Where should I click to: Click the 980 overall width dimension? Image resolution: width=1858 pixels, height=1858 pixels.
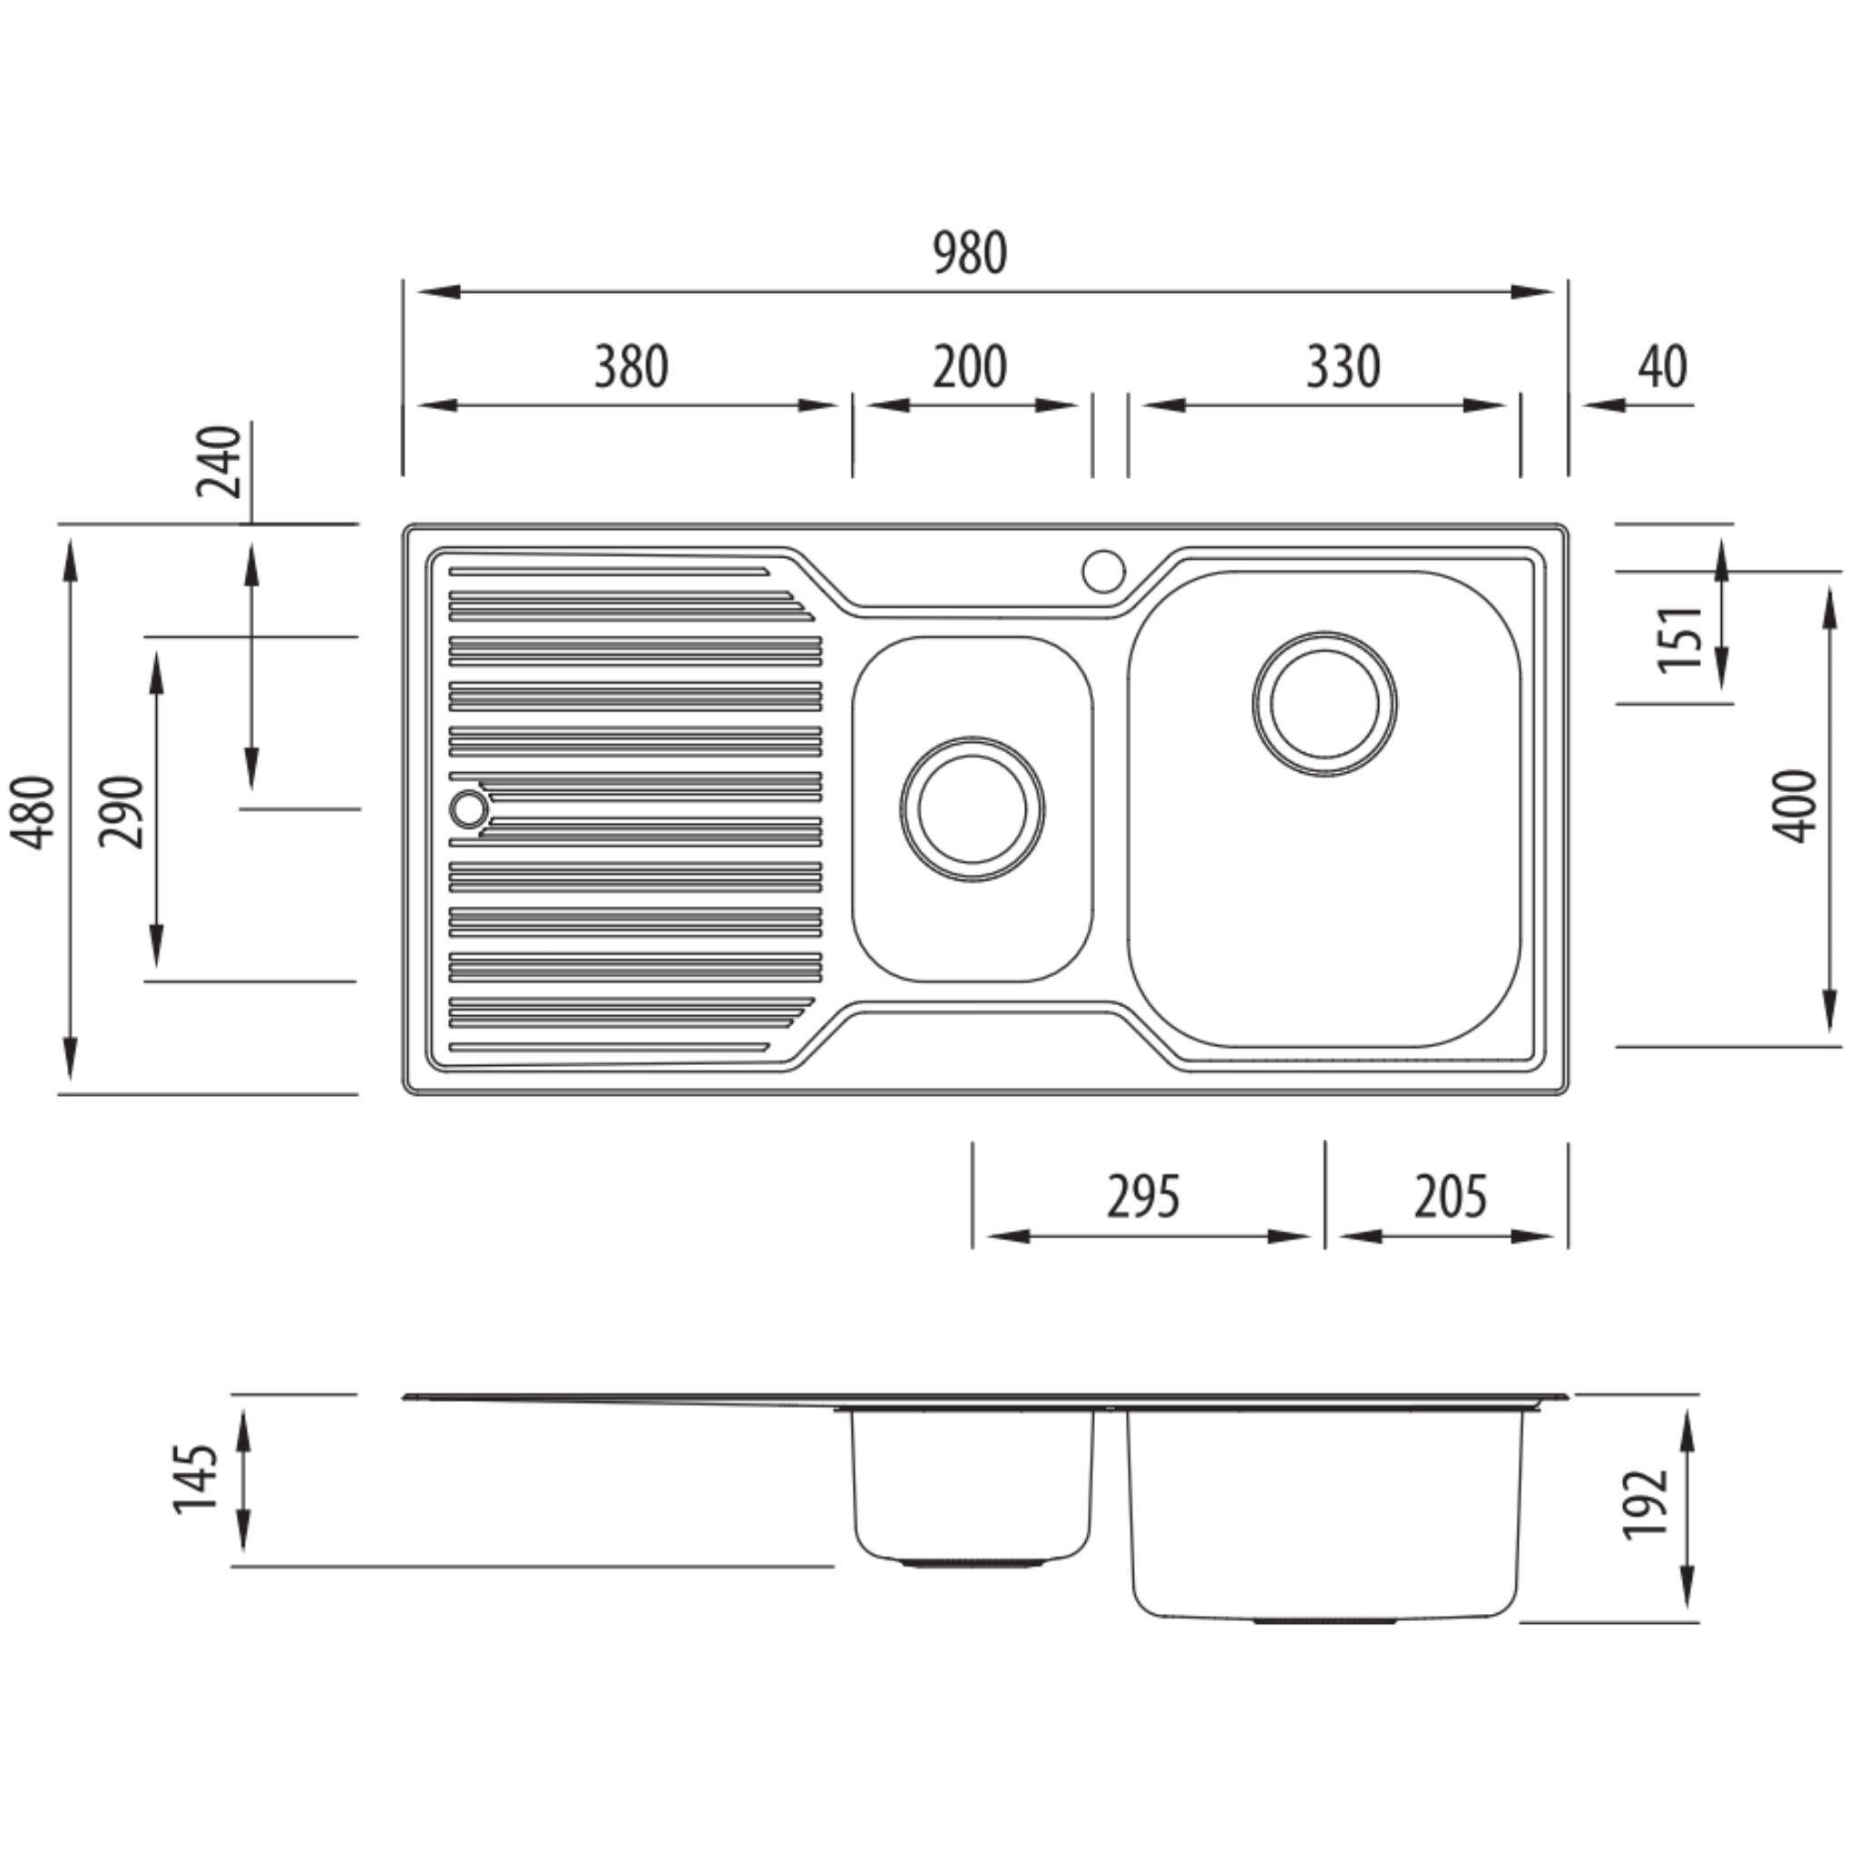click(x=970, y=253)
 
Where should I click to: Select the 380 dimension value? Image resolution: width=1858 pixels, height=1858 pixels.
click(x=631, y=367)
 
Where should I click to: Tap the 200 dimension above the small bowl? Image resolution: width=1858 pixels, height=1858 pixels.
click(x=970, y=367)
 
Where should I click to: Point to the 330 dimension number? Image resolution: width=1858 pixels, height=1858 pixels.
click(x=1343, y=367)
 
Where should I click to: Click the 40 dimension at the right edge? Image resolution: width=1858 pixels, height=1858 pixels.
click(x=1662, y=367)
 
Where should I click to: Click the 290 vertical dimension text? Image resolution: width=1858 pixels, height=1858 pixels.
click(x=123, y=812)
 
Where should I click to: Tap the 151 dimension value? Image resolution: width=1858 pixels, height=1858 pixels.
click(x=1681, y=639)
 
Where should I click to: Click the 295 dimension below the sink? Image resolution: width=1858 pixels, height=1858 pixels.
click(x=1142, y=1198)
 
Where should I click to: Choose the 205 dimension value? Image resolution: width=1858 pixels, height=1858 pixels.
click(x=1451, y=1198)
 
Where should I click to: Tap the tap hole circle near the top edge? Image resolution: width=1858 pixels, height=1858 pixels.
click(x=1103, y=571)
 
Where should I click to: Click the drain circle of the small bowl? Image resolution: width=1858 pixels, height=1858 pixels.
click(x=973, y=807)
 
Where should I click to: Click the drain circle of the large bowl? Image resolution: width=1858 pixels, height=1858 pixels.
click(x=1325, y=704)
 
